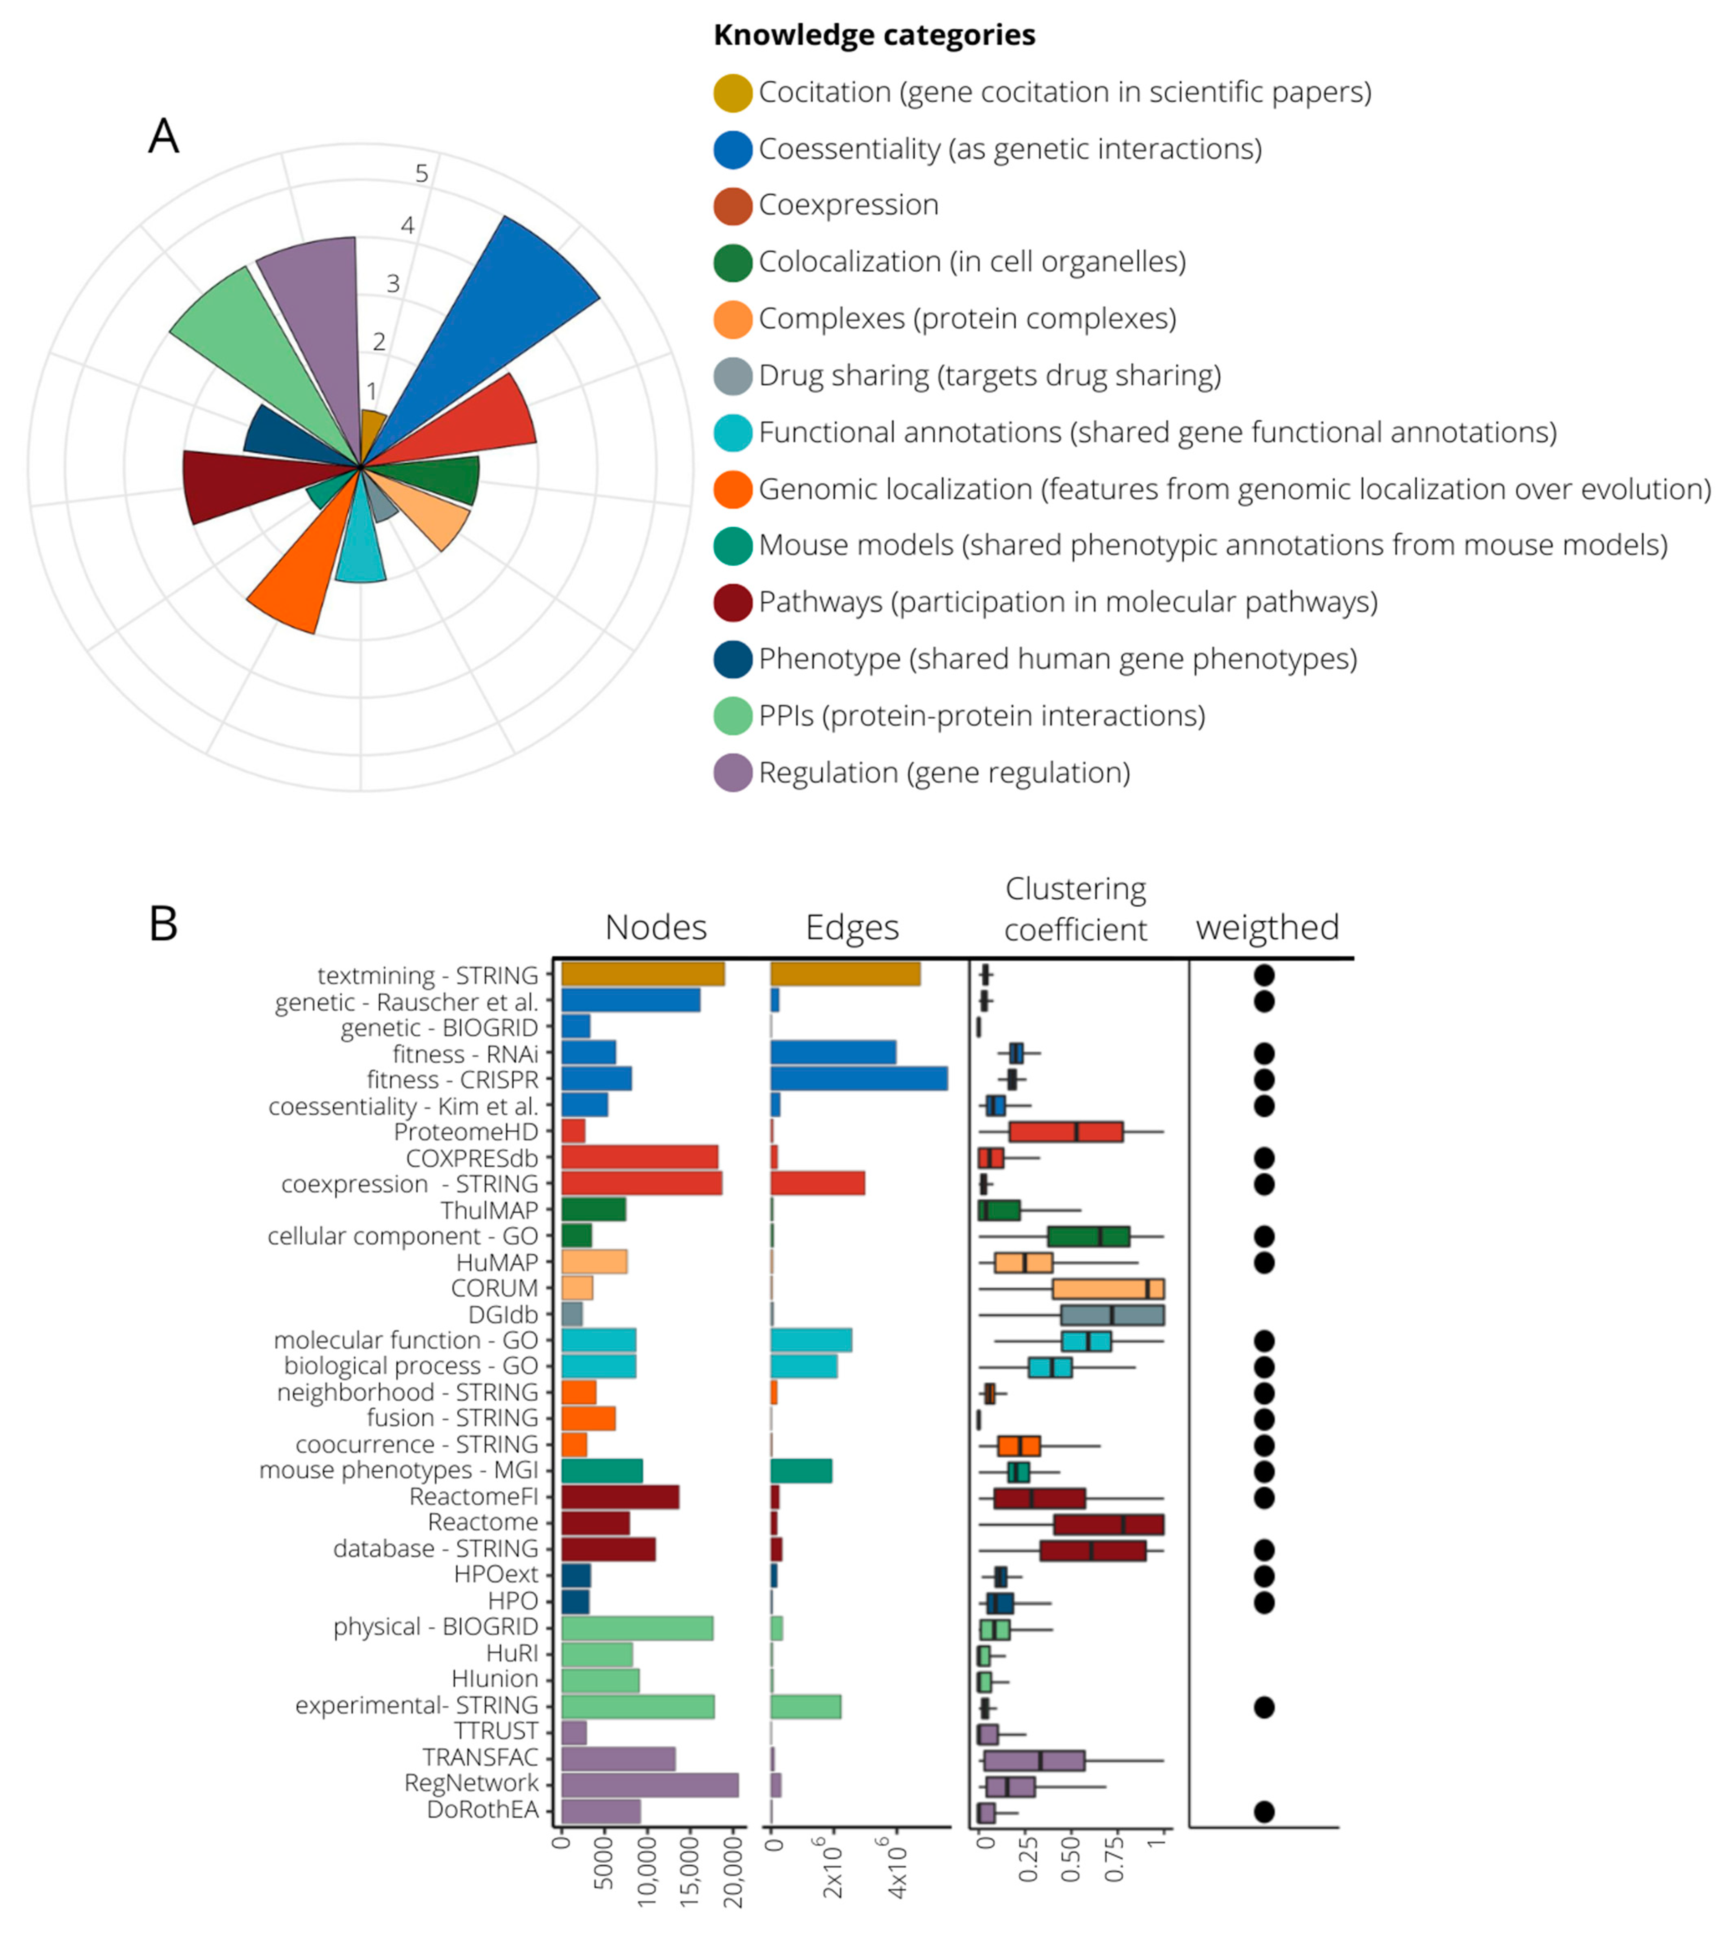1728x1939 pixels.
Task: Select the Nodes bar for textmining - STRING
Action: (643, 974)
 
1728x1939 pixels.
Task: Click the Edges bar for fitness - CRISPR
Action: (858, 1079)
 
